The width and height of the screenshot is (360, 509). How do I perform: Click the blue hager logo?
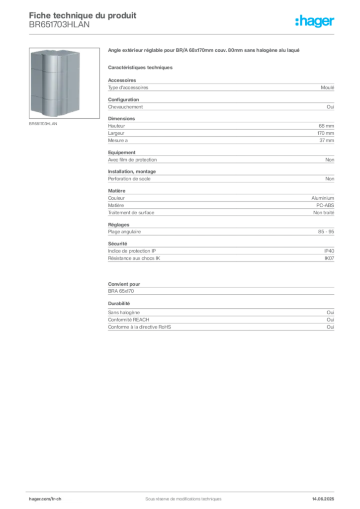[x=315, y=22]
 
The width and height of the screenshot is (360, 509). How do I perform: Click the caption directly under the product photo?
[x=44, y=123]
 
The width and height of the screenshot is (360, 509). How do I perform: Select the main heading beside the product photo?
[x=204, y=51]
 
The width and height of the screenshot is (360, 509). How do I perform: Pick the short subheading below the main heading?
[x=141, y=66]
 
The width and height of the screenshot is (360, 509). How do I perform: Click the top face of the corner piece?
[x=56, y=51]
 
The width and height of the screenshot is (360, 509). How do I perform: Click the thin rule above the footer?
[x=183, y=490]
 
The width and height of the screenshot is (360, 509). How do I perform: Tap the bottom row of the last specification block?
[x=221, y=329]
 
